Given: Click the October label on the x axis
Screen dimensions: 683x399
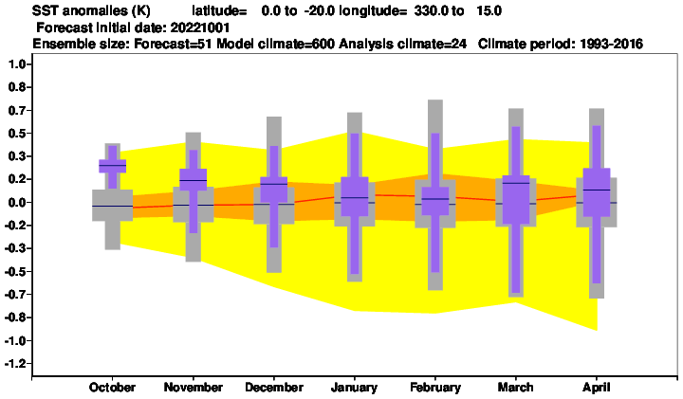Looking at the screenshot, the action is (x=112, y=388).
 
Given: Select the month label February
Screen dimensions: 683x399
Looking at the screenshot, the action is (x=435, y=388).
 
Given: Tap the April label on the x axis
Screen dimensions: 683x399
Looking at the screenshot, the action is (x=597, y=388).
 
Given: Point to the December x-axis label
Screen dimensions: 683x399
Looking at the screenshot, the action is (x=274, y=388).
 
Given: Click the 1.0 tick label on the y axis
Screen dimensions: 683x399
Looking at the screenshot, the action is (x=17, y=64).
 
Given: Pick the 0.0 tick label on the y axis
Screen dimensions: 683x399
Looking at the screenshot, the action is (x=17, y=202).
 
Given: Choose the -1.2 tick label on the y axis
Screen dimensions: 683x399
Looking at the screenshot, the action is (x=15, y=363).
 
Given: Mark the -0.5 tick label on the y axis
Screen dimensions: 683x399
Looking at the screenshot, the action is (x=15, y=271).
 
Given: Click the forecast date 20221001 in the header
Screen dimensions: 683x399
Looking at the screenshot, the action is (x=200, y=27).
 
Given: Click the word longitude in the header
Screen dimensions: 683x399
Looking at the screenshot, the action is (x=373, y=10).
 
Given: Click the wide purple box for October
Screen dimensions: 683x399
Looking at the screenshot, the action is (x=113, y=166).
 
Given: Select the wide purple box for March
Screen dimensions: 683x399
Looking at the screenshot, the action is (x=516, y=200).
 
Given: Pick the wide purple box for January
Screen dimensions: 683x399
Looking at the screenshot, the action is (x=355, y=196).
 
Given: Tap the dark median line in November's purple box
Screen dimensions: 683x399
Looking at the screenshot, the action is (x=194, y=180).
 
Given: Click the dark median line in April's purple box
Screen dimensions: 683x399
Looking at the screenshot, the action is (x=597, y=190).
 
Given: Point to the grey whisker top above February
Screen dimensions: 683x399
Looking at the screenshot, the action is (x=435, y=101).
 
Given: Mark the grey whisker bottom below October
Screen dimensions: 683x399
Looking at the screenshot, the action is (x=113, y=248).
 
